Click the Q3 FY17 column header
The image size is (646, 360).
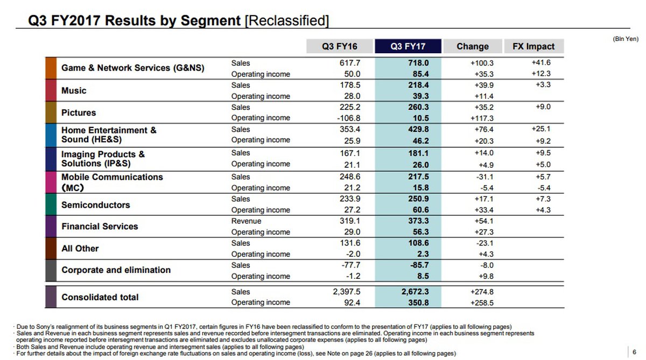408,46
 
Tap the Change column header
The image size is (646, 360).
472,46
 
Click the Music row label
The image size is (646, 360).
74,90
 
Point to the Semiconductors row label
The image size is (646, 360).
96,205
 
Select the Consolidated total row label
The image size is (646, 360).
100,297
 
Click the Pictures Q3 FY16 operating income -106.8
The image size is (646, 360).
347,118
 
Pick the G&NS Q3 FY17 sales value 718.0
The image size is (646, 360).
418,63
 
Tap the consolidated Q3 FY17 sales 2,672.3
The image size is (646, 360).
414,292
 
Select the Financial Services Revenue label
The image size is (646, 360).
246,221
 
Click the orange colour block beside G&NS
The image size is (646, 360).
51,68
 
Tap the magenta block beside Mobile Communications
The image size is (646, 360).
51,182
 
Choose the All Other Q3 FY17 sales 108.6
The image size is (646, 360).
418,243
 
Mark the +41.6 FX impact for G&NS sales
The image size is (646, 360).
540,63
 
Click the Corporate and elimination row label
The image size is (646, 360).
116,270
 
